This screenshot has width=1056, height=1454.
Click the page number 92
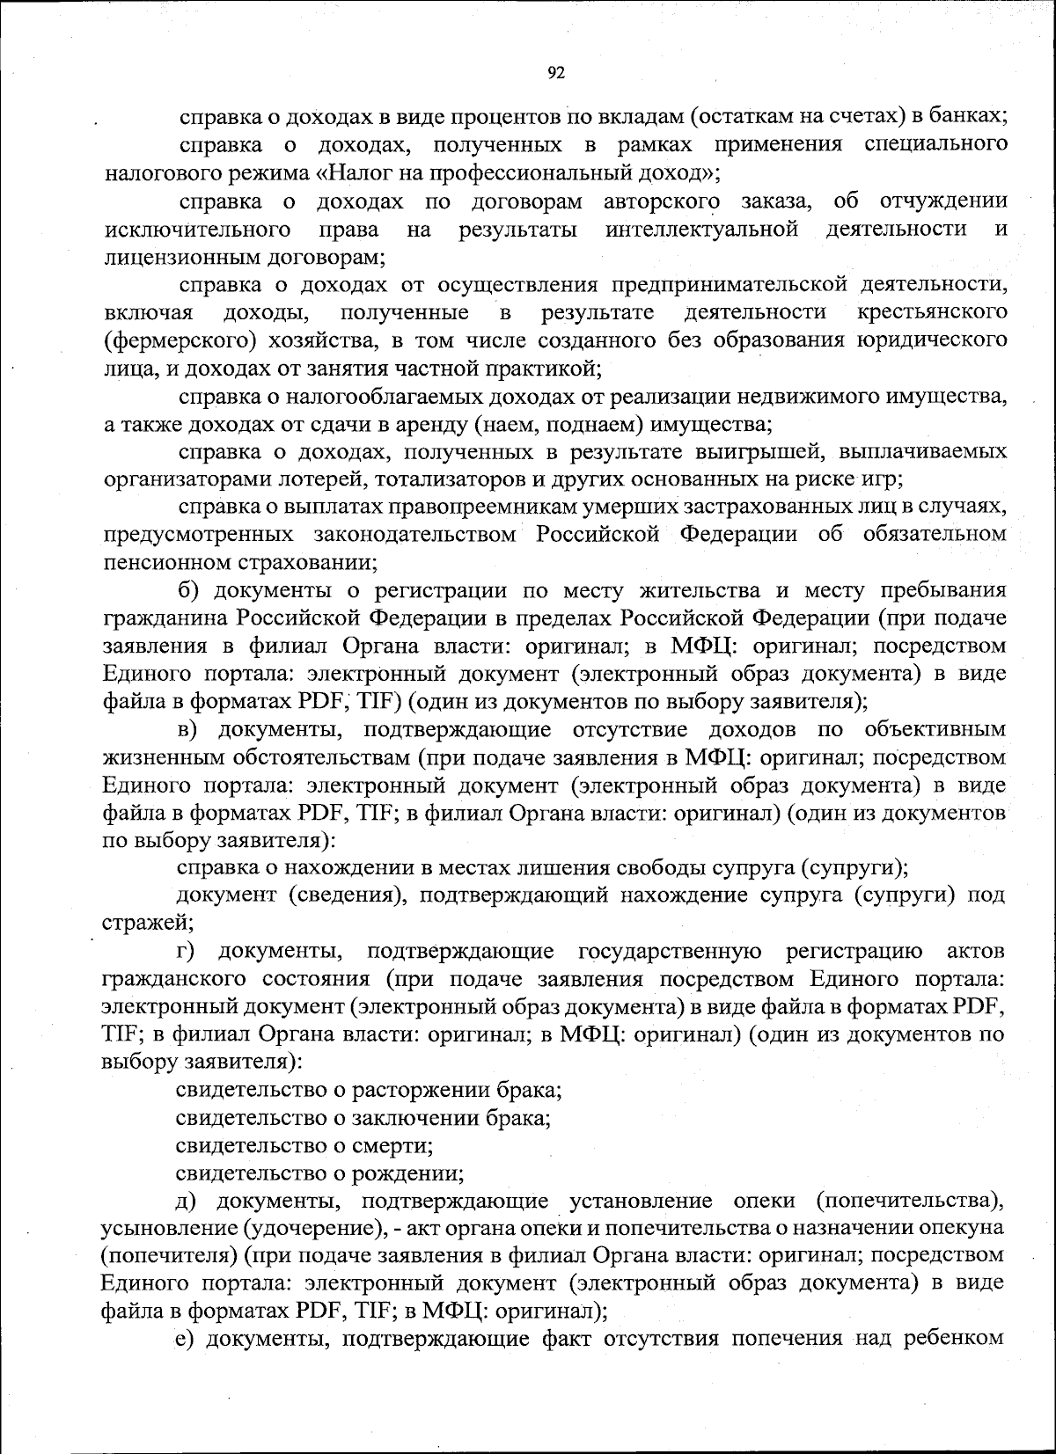(x=555, y=73)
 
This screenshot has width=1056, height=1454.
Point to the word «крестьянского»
(x=932, y=312)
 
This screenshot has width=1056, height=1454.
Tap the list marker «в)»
(x=191, y=729)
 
